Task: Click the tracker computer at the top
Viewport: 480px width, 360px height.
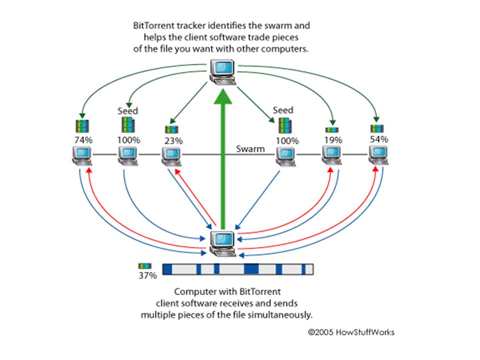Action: point(223,71)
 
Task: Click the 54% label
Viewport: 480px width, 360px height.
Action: point(378,139)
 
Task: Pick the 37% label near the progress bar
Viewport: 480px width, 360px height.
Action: point(147,275)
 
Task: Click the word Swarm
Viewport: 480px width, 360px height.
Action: point(250,149)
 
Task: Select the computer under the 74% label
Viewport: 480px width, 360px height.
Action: point(81,156)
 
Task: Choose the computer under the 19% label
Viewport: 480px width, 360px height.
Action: point(331,156)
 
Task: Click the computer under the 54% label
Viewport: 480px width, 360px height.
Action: point(379,156)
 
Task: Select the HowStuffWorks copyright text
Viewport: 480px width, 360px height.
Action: point(350,331)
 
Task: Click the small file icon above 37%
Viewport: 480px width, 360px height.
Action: point(146,266)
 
